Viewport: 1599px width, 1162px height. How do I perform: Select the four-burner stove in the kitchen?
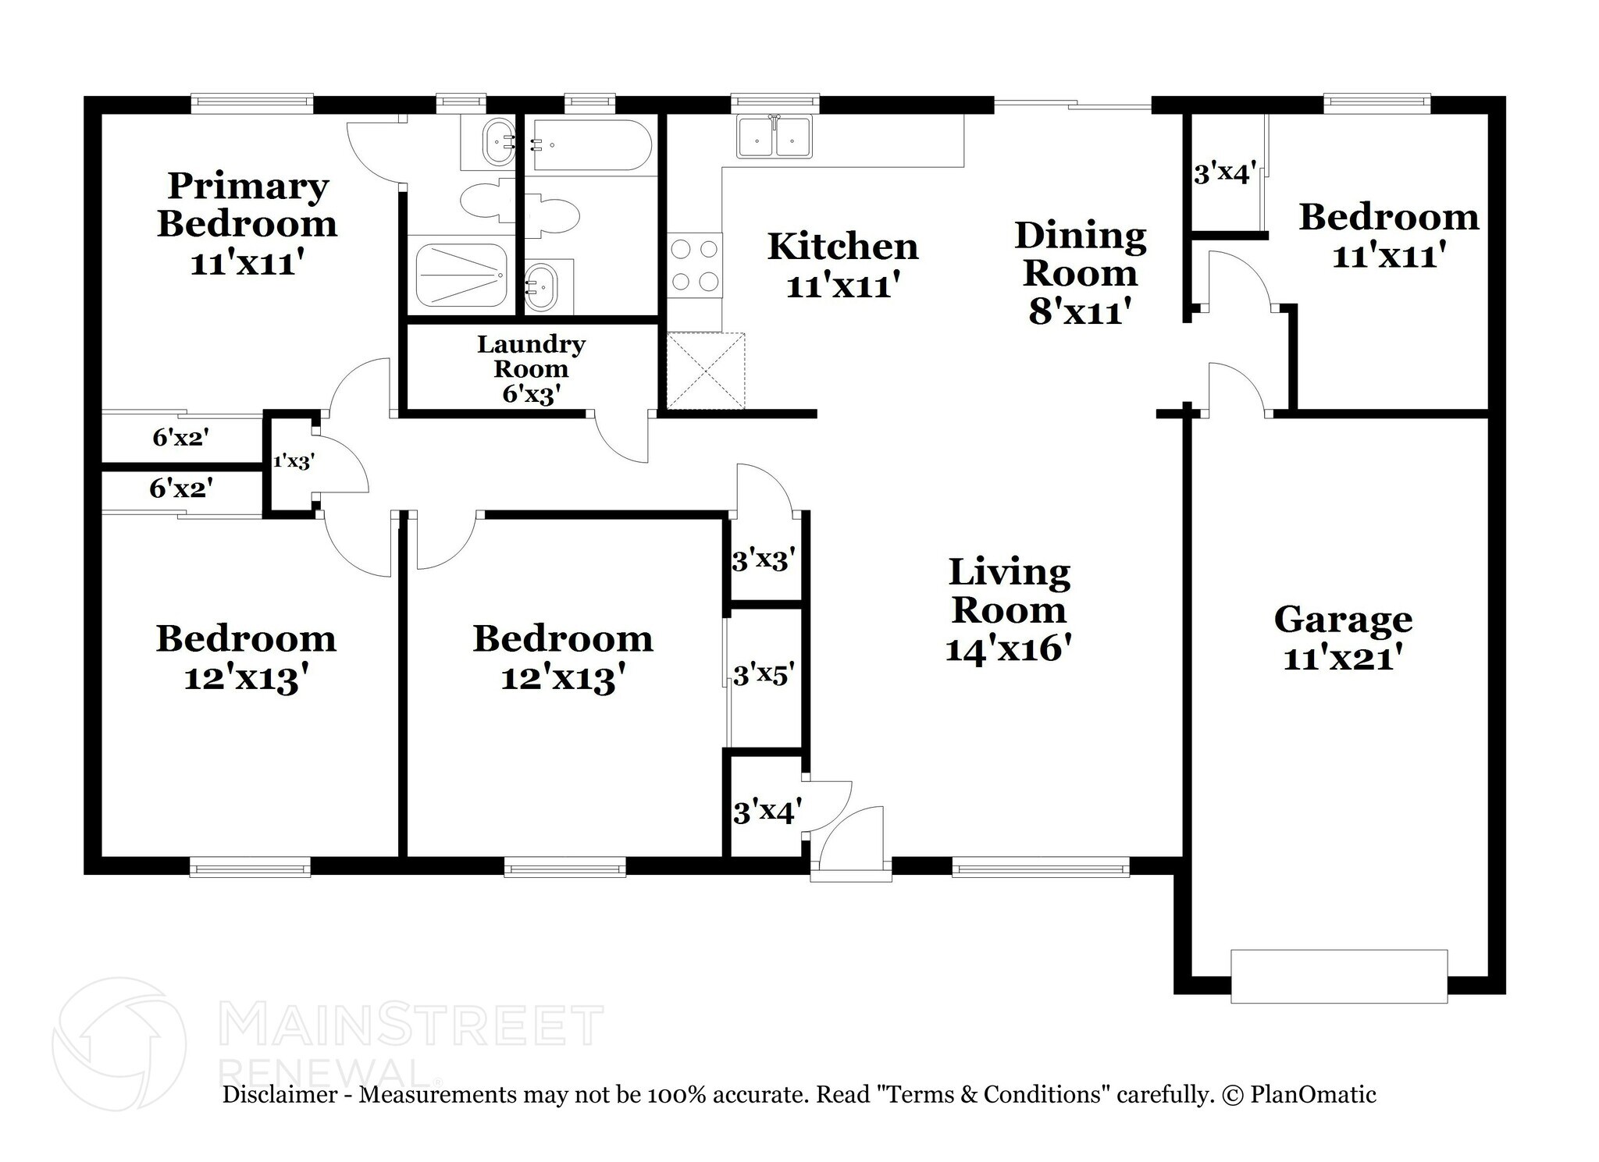pyautogui.click(x=694, y=265)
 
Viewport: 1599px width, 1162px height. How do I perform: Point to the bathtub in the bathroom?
pyautogui.click(x=590, y=145)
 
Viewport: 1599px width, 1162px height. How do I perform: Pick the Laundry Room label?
pyautogui.click(x=531, y=356)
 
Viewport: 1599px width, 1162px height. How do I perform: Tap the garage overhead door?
pyautogui.click(x=1338, y=975)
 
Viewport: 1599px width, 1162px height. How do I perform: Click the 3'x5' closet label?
pyautogui.click(x=763, y=674)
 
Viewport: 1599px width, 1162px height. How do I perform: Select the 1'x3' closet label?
pyautogui.click(x=293, y=461)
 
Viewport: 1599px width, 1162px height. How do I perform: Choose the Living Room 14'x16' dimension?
pyautogui.click(x=1007, y=649)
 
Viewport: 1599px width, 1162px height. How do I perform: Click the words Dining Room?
pyautogui.click(x=1080, y=254)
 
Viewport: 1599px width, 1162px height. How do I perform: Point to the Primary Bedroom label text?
pyautogui.click(x=248, y=204)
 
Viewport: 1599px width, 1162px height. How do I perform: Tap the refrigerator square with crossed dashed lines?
pyautogui.click(x=706, y=371)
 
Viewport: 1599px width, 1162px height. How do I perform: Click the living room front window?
pyautogui.click(x=1040, y=866)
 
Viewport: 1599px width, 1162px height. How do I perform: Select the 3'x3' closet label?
pyautogui.click(x=763, y=560)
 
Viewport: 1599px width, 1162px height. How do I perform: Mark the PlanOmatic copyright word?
pyautogui.click(x=1312, y=1094)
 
